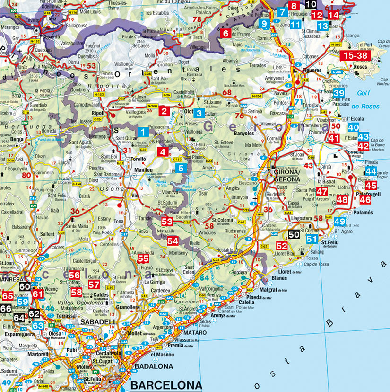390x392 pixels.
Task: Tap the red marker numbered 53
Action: click(x=167, y=222)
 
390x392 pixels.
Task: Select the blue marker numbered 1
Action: click(x=142, y=132)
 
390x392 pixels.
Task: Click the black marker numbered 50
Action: click(x=294, y=234)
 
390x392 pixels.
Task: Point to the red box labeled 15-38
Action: click(x=355, y=55)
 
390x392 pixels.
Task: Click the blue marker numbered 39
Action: click(x=339, y=93)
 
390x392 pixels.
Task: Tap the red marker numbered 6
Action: click(x=225, y=34)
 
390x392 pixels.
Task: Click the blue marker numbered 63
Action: click(x=38, y=325)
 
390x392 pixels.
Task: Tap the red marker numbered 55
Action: click(x=143, y=258)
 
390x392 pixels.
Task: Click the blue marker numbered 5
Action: click(x=183, y=168)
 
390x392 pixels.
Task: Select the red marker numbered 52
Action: click(x=282, y=246)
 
